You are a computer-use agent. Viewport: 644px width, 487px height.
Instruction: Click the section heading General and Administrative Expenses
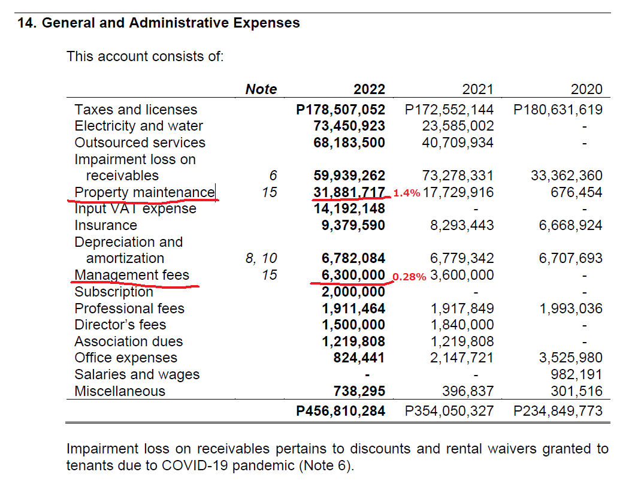[x=159, y=23]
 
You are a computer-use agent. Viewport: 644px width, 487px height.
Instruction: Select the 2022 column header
[x=369, y=90]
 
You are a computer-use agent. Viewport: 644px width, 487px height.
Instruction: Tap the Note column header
[x=261, y=90]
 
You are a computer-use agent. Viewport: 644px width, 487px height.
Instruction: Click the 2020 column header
[x=586, y=90]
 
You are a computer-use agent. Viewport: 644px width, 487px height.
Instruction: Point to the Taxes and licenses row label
[x=135, y=110]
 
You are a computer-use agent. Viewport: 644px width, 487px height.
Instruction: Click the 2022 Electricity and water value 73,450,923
[x=349, y=126]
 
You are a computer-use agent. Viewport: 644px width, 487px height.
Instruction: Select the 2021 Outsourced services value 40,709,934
[x=458, y=143]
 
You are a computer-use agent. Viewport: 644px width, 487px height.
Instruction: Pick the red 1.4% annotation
[x=406, y=193]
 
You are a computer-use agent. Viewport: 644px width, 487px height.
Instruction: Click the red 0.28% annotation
[x=409, y=277]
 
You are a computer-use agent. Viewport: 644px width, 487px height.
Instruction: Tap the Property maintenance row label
[x=144, y=192]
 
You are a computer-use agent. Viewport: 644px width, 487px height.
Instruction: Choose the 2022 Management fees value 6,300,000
[x=349, y=275]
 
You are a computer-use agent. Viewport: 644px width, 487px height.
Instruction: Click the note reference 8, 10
[x=261, y=258]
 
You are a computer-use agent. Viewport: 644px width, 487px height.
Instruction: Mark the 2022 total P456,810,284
[x=341, y=412]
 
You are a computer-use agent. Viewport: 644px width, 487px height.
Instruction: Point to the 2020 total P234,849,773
[x=558, y=412]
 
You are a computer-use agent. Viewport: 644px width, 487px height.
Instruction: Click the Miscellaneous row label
[x=119, y=391]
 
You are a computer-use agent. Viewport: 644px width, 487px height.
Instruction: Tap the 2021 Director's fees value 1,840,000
[x=462, y=325]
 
